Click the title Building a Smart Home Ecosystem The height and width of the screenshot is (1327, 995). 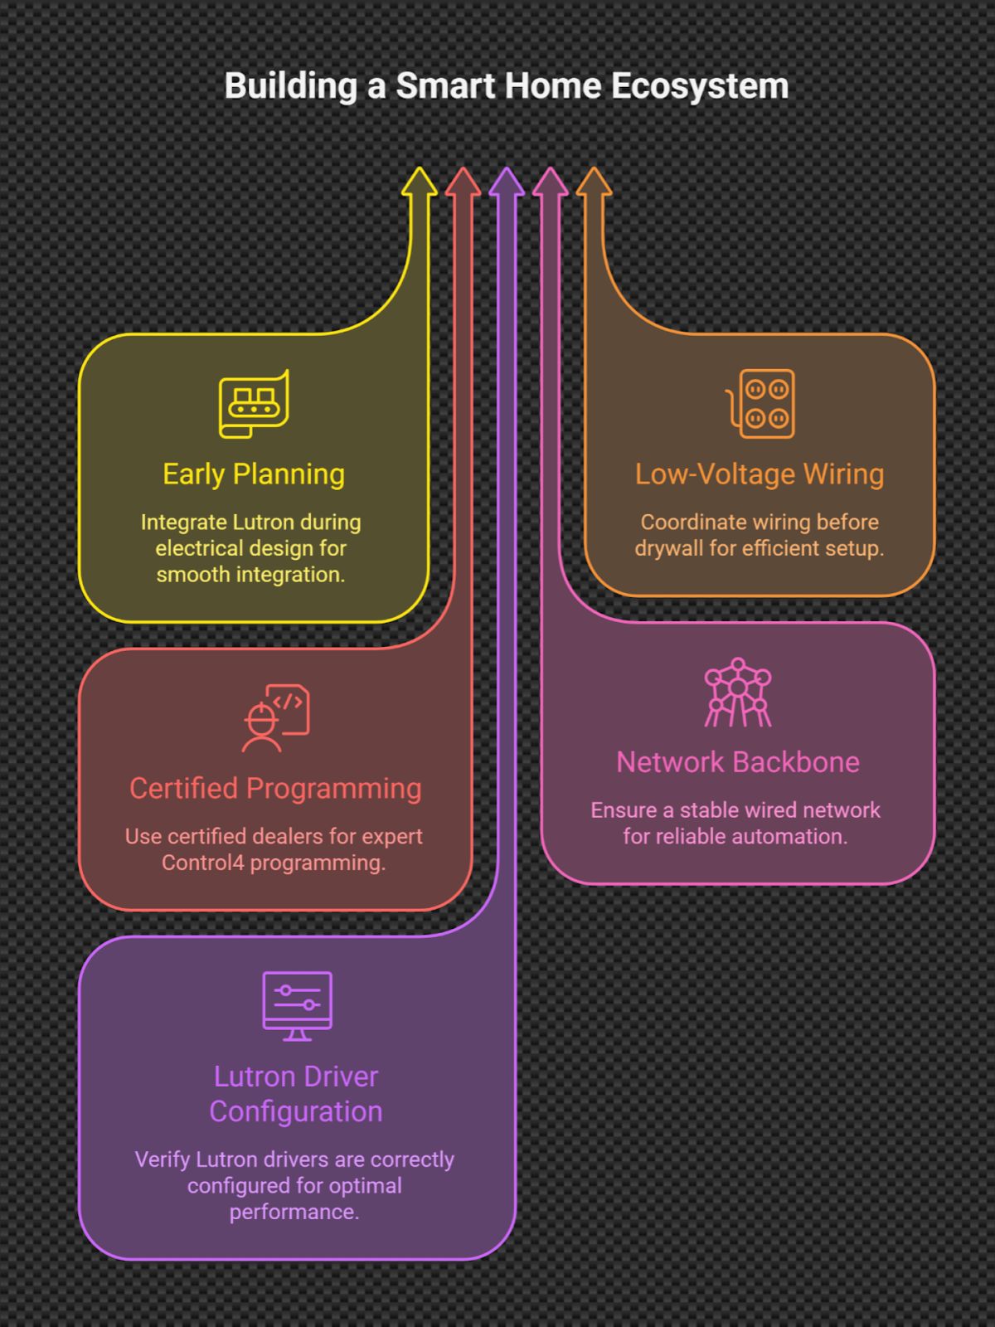(x=506, y=86)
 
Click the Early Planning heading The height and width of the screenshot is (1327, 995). (x=254, y=474)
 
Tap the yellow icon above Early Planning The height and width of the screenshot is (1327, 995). (x=254, y=404)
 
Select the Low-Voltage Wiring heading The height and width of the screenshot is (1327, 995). (x=760, y=474)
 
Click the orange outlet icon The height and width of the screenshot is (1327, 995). (x=761, y=404)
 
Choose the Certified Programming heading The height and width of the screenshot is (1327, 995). (x=275, y=789)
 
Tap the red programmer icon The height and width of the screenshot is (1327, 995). (x=275, y=717)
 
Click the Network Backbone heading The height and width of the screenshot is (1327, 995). (x=738, y=762)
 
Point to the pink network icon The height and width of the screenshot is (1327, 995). (x=738, y=693)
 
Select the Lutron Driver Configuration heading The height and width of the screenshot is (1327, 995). (x=296, y=1094)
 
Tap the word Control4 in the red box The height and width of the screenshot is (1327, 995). (x=203, y=863)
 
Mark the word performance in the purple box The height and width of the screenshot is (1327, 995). (x=294, y=1212)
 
